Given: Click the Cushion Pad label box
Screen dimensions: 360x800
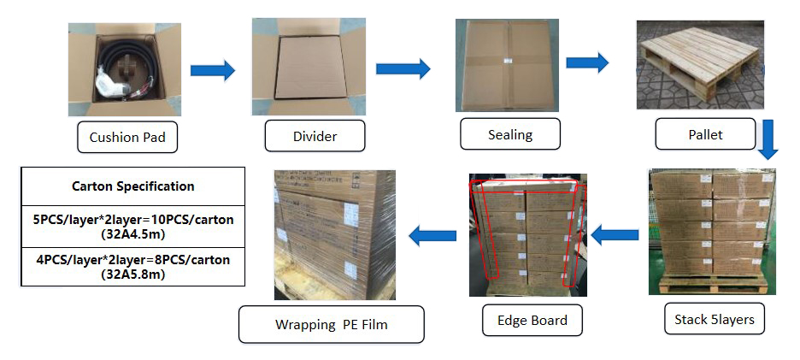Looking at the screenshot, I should point(127,137).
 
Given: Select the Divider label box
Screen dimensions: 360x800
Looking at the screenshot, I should point(315,136).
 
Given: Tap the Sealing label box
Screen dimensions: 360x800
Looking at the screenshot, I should point(510,134).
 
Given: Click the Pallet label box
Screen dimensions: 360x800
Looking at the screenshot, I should point(705,134).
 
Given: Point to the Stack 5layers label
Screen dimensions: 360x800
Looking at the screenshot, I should point(714,320).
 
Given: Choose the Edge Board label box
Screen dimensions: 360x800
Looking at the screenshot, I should point(532,321).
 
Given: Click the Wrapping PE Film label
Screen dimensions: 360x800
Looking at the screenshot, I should point(332,324).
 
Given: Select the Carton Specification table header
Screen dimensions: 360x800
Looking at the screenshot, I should point(132,186).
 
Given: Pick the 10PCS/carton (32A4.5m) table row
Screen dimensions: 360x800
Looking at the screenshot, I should point(132,227).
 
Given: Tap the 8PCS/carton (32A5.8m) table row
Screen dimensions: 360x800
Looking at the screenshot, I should point(132,266).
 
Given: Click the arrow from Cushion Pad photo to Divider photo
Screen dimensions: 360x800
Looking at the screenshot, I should point(212,70).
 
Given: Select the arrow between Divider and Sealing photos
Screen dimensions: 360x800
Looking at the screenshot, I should point(403,68).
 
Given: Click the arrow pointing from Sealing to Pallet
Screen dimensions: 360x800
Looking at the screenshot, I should point(587,62).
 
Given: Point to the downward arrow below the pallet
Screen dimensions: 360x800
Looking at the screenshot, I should point(768,139).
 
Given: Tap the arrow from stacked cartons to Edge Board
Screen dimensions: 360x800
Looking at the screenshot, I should point(615,234).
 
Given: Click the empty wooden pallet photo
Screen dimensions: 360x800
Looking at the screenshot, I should point(699,66).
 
